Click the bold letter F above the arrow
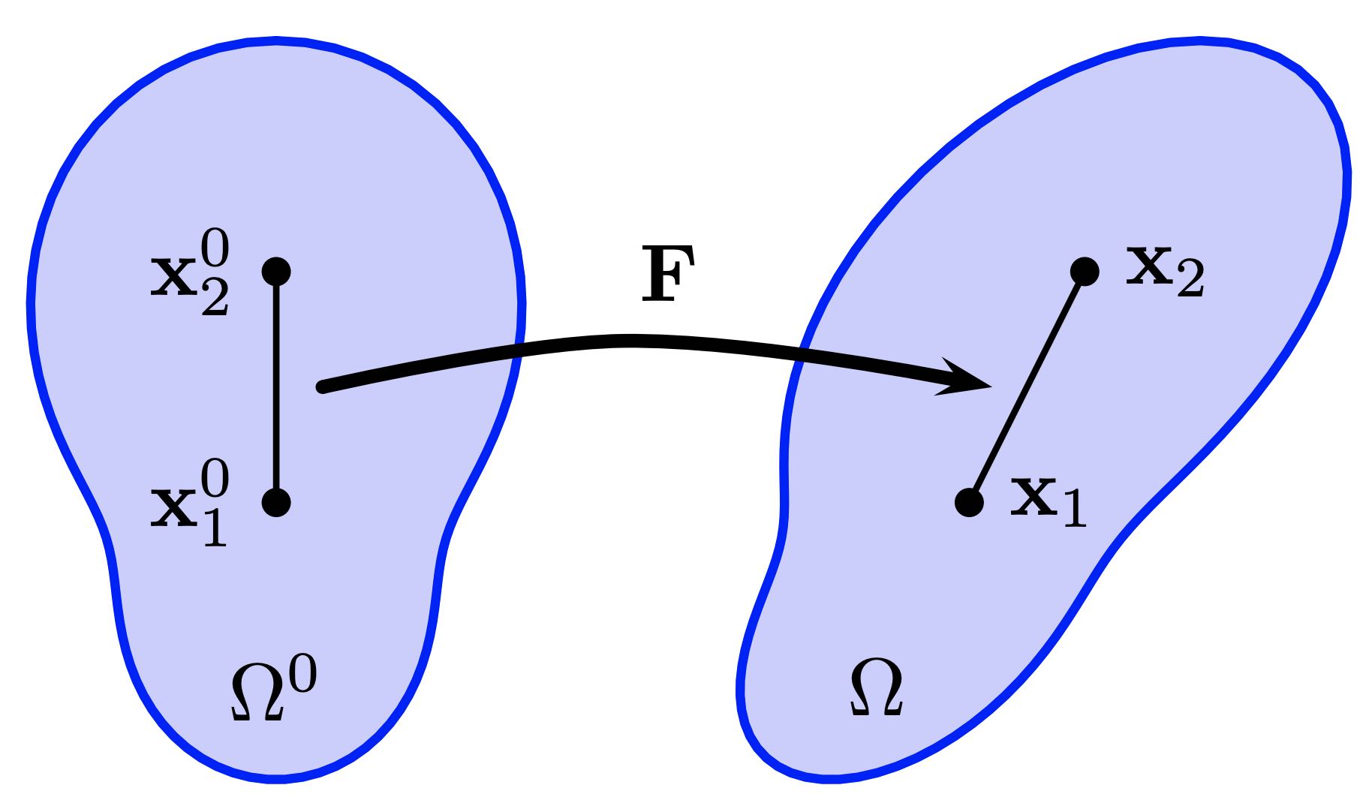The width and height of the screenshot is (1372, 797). (667, 275)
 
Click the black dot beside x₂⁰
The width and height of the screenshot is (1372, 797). (276, 271)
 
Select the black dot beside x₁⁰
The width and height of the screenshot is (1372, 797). (276, 502)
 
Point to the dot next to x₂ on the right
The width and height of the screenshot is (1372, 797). (1085, 271)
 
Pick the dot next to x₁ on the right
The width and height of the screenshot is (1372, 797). (969, 502)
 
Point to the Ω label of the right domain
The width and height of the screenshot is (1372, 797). (876, 688)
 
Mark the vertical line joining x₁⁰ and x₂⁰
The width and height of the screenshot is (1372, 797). (276, 386)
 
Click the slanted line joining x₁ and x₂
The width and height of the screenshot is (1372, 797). (1027, 386)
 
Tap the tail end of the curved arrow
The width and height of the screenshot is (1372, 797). (323, 387)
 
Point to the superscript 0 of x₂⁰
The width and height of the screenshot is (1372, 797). (215, 251)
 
